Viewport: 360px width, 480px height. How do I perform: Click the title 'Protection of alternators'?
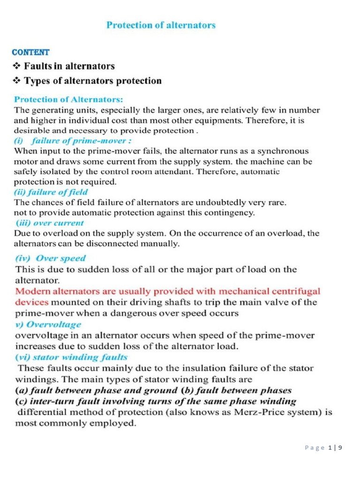coord(161,25)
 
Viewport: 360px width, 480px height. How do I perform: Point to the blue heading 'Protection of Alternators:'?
coord(62,100)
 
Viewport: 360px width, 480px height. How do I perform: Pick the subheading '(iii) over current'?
coord(50,222)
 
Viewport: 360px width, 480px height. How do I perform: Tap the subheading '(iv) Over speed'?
coord(51,257)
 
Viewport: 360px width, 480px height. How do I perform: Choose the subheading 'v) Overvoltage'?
coord(48,324)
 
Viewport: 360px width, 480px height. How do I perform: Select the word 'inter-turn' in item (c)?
coord(51,401)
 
